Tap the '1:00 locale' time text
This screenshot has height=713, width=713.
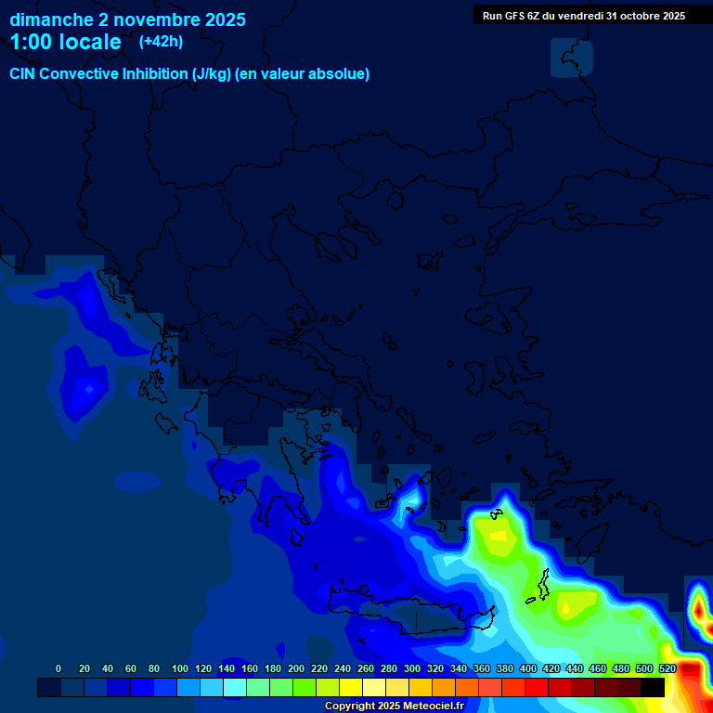tap(65, 42)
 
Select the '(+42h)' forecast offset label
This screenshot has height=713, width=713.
tap(161, 41)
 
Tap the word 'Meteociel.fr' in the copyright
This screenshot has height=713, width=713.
tap(433, 707)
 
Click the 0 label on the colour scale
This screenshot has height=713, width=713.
tap(58, 668)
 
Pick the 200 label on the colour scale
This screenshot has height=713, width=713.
tap(296, 668)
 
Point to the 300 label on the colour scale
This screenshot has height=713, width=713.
tap(412, 668)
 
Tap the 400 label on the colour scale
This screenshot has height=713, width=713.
tap(528, 668)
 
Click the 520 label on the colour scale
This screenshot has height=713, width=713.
tap(668, 668)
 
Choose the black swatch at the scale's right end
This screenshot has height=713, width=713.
tap(653, 687)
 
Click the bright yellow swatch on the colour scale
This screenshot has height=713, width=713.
tap(351, 687)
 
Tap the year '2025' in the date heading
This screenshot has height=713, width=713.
tap(224, 19)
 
